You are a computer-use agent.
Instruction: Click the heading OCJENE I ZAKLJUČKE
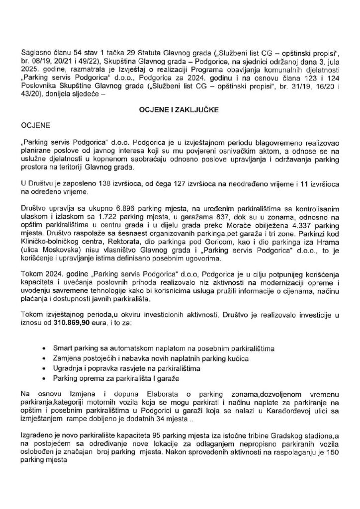[x=180, y=113]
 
